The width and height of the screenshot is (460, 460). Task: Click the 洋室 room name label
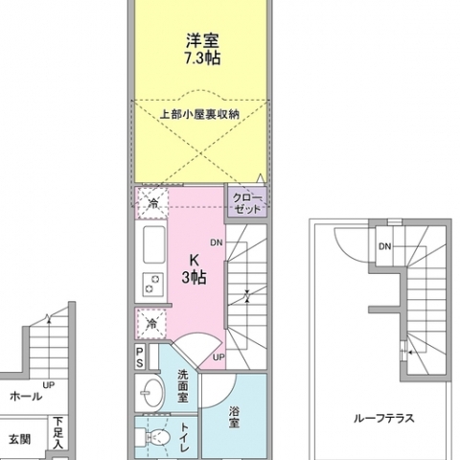[x=202, y=40]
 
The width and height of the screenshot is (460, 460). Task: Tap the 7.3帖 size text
[x=202, y=58]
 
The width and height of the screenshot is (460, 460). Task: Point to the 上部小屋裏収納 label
[x=199, y=114]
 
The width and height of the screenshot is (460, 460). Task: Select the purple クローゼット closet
[x=247, y=204]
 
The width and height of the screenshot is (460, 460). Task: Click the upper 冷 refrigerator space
[x=152, y=203]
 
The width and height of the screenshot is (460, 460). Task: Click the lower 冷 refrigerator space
[x=151, y=324]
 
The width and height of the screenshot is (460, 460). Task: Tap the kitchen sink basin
[x=154, y=244]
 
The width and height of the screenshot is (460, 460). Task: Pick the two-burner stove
[x=153, y=284]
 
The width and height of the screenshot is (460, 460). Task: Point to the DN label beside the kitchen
[x=217, y=242]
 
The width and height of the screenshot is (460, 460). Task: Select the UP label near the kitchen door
[x=218, y=357]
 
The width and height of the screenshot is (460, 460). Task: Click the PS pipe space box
[x=140, y=356]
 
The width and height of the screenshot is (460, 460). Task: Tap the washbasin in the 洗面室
[x=151, y=392]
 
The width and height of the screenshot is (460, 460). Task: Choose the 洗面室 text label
[x=183, y=386]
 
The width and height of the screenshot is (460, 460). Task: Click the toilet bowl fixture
[x=153, y=437]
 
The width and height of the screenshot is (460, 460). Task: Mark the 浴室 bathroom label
[x=234, y=417]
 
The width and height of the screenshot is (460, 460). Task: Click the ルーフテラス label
[x=383, y=418]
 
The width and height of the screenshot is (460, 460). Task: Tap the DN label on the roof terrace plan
[x=384, y=246]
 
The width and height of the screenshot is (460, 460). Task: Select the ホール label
[x=26, y=397]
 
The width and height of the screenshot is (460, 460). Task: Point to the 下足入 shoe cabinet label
[x=57, y=432]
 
